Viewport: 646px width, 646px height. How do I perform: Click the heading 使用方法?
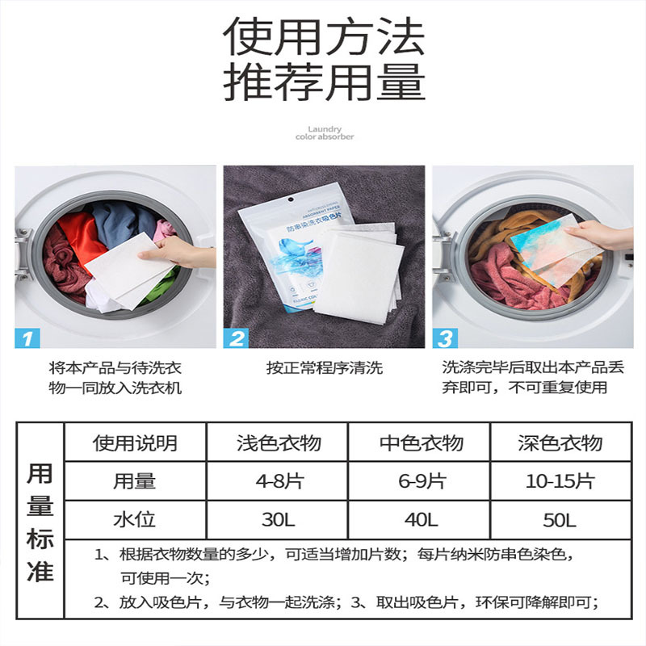pos(323,36)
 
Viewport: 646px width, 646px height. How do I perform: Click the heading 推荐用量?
pos(323,83)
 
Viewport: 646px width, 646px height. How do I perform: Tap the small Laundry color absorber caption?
pos(325,133)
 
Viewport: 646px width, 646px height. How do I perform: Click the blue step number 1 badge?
pos(28,338)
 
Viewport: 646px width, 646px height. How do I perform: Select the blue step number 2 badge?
pos(237,338)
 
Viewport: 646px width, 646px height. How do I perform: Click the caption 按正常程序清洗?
pos(325,368)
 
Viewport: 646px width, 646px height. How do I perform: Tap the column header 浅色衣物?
pos(279,443)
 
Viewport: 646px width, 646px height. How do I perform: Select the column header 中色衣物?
pos(421,443)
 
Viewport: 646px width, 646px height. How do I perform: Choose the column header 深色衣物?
pos(560,443)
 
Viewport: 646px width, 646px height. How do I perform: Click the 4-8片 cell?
pos(279,482)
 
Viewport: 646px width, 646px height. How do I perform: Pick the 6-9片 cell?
pos(421,482)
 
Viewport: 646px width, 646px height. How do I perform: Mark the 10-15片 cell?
pos(560,482)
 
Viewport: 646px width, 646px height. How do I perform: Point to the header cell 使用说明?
pos(135,443)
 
